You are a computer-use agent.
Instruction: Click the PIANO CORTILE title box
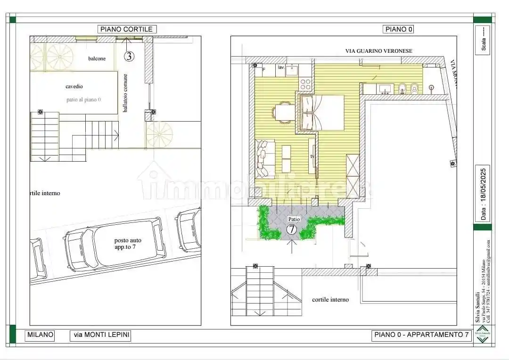click(x=127, y=29)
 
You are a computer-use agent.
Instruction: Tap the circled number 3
click(x=129, y=57)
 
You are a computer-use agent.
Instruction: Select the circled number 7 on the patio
click(x=292, y=230)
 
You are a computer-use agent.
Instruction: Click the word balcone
click(x=97, y=58)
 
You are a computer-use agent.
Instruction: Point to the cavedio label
click(x=74, y=87)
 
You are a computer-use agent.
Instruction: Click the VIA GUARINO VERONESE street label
click(x=378, y=51)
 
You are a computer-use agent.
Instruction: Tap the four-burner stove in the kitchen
click(x=306, y=84)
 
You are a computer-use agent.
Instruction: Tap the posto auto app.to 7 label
click(x=127, y=243)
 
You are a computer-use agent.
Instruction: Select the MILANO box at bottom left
click(x=40, y=335)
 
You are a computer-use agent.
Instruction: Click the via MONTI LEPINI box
click(x=100, y=335)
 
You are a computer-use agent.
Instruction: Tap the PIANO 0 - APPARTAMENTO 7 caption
click(x=421, y=335)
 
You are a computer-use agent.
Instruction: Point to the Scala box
click(x=483, y=41)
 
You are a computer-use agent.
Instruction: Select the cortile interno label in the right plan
click(x=330, y=300)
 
